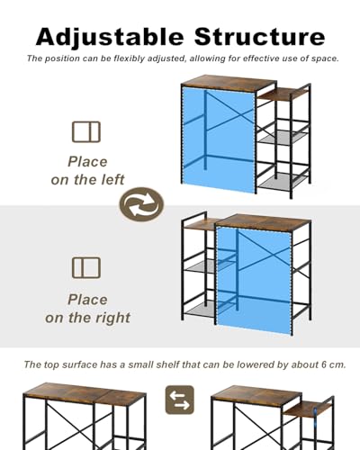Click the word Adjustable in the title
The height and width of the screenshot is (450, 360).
110,38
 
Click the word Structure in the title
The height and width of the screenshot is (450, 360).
259,37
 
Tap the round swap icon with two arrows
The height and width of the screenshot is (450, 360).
141,204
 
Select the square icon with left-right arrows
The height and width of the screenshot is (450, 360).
180,400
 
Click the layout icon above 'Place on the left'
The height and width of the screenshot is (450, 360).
86,131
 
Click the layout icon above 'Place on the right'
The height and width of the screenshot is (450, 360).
86,267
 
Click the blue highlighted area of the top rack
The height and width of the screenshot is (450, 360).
219,139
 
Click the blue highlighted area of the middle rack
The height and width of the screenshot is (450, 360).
255,281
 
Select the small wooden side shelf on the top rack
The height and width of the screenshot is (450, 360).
282,94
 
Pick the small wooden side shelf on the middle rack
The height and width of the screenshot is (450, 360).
201,225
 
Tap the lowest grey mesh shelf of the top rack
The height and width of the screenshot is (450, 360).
283,181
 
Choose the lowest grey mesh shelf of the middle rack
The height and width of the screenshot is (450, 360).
200,308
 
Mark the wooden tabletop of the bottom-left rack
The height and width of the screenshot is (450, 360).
85,394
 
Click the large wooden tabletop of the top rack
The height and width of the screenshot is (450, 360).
229,84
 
